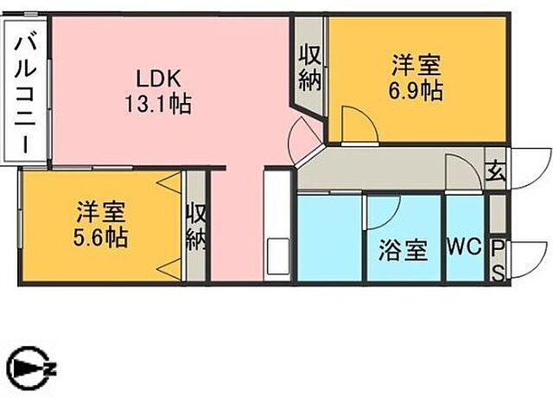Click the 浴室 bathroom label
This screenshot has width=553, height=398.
point(404,250)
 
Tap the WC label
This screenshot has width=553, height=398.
point(464,247)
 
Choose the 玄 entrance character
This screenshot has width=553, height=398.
point(496,171)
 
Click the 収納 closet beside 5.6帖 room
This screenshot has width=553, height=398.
point(196,228)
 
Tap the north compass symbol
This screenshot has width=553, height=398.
point(31,369)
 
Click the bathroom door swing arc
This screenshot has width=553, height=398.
point(383,213)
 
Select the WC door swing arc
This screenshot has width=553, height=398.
point(463,169)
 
